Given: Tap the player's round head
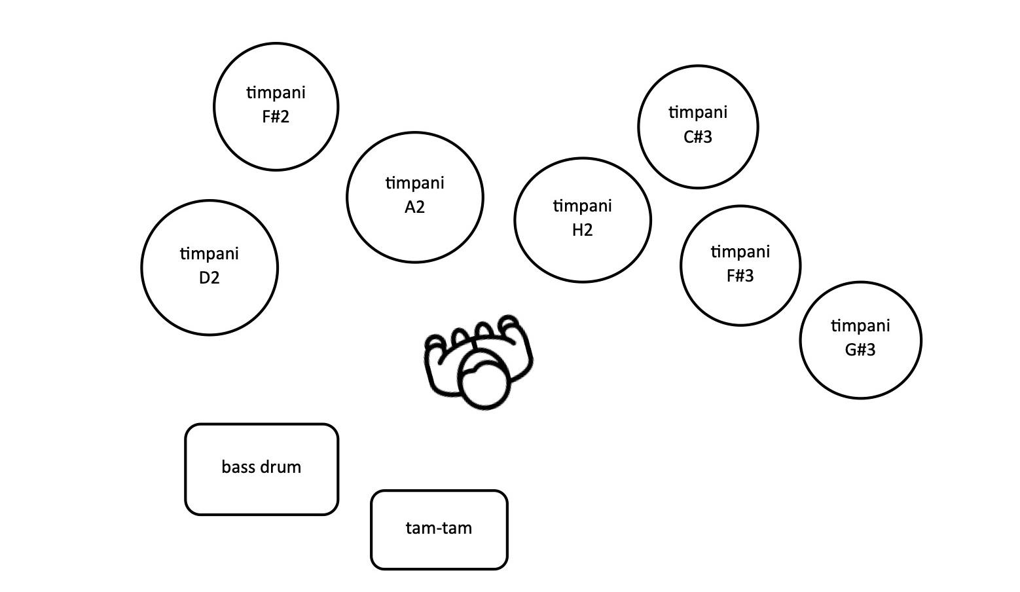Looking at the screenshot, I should [x=485, y=384].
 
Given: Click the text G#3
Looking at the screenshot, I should [x=860, y=350].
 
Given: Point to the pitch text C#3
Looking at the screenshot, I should [x=698, y=137].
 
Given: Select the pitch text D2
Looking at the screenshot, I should [x=209, y=278].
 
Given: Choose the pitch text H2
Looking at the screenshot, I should [x=583, y=230].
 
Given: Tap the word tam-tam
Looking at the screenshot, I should [x=439, y=528].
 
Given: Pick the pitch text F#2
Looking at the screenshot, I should [x=276, y=117].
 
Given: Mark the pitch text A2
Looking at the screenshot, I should [x=415, y=207].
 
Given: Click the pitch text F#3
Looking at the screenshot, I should [x=740, y=276].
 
